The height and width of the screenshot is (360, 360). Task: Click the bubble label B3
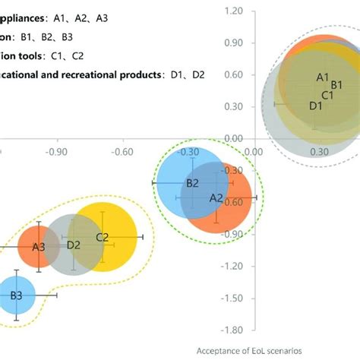pos(16,295)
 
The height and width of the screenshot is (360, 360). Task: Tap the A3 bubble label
pos(39,247)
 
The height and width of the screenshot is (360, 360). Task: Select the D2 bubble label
pos(74,245)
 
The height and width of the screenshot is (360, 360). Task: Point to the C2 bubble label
pos(103,238)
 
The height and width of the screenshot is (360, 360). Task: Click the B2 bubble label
pos(192,183)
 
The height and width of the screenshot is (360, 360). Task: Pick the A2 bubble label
pos(216,197)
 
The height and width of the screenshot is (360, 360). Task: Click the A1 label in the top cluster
pos(322,77)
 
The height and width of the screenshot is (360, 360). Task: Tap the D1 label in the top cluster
pos(316,106)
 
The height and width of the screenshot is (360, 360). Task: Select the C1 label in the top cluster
pos(328,95)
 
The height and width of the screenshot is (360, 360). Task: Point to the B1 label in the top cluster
pos(335,85)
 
